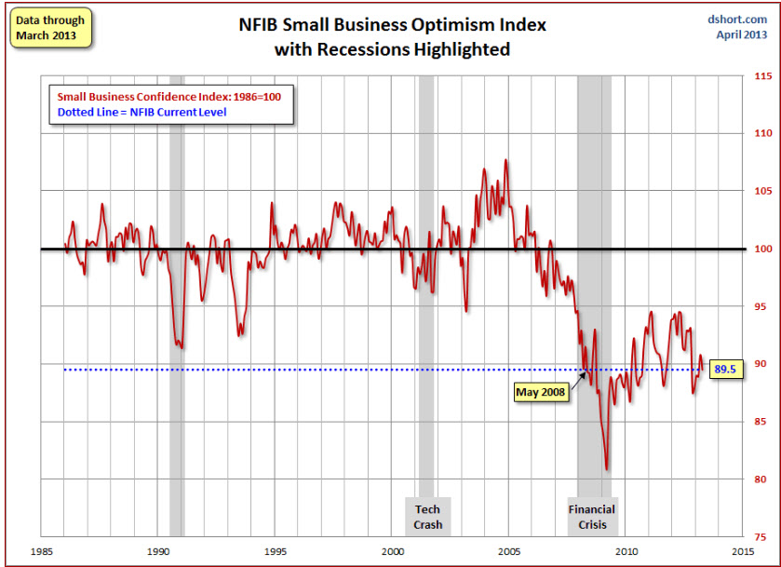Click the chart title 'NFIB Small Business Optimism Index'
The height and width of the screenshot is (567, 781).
391,26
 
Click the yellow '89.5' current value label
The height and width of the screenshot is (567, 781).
725,370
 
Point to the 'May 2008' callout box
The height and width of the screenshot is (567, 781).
542,393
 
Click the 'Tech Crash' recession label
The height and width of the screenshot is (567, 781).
427,517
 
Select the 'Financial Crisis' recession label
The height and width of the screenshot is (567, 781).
592,517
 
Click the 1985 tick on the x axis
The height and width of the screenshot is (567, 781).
41,550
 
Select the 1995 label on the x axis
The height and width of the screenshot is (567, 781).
275,550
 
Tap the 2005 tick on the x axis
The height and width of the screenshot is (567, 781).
509,550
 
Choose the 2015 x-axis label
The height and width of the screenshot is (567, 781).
743,550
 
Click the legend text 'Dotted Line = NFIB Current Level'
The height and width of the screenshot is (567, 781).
141,113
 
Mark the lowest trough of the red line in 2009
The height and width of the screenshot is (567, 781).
607,469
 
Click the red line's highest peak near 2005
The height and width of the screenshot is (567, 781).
506,160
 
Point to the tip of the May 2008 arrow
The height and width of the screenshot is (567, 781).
587,371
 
